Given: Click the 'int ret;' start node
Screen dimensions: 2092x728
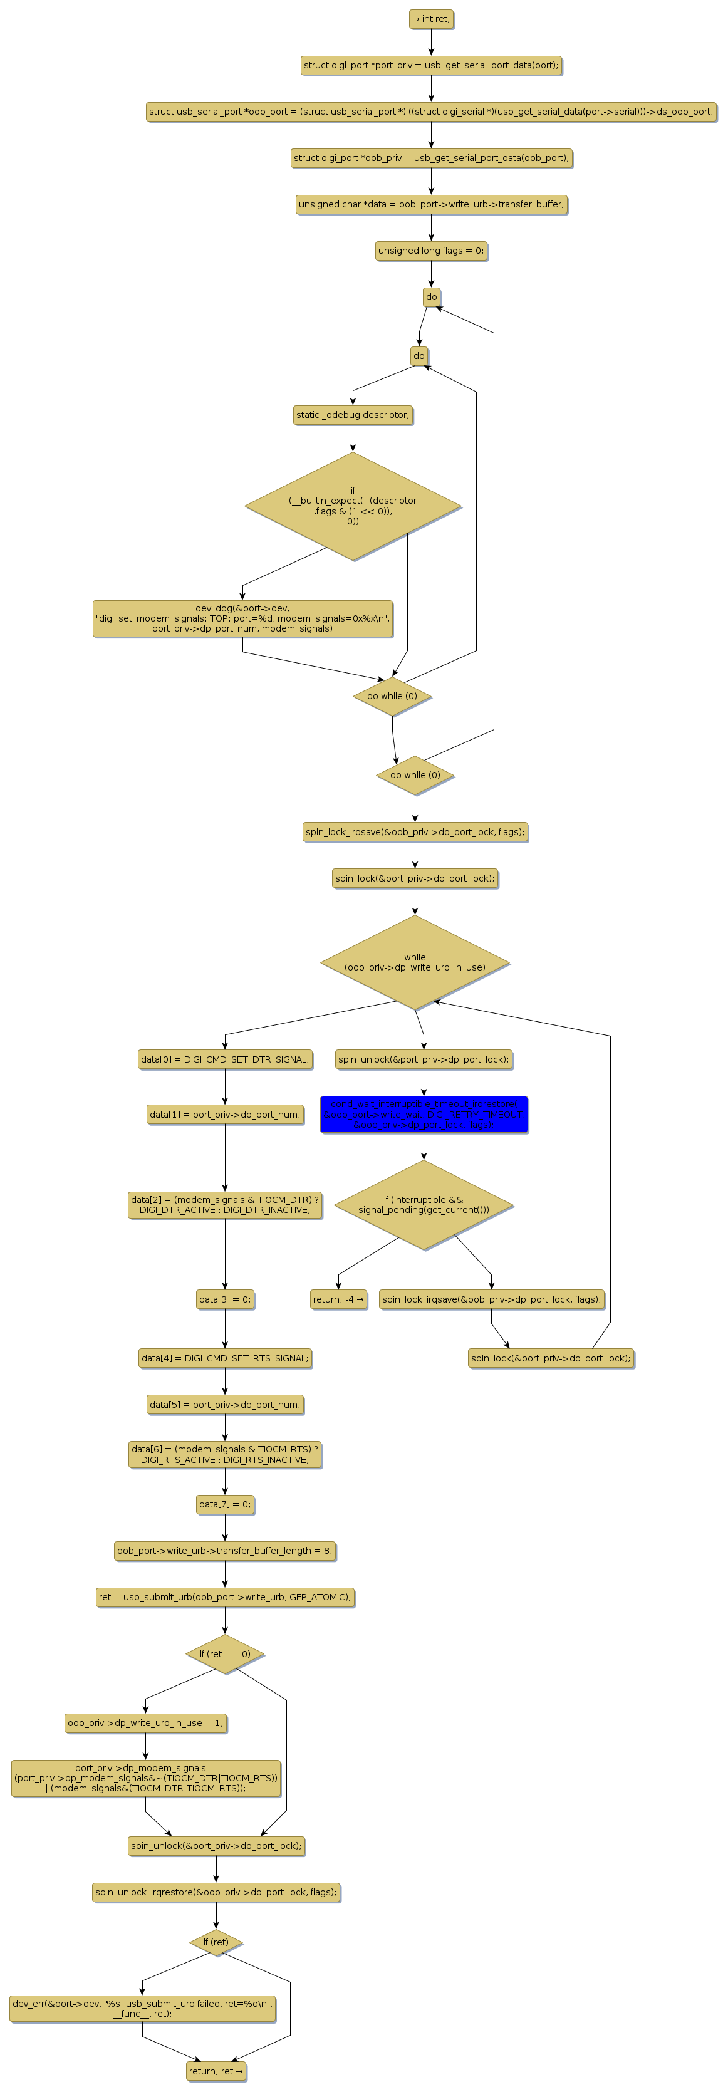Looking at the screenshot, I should tap(430, 19).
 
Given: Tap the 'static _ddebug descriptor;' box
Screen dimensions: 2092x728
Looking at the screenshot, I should tap(353, 415).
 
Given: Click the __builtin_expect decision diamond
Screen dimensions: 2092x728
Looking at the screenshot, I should tap(353, 506).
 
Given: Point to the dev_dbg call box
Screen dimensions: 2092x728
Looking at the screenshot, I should tap(242, 619).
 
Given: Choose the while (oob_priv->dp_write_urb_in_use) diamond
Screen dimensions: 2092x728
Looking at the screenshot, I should tap(414, 962).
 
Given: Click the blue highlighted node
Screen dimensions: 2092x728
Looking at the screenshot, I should tap(424, 1114).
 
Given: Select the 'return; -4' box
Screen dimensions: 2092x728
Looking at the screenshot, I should tap(338, 1299).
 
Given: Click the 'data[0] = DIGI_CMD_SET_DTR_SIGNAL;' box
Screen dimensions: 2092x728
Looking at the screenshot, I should tap(225, 1059).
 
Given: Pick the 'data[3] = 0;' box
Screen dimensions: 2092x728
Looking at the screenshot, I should tap(225, 1299).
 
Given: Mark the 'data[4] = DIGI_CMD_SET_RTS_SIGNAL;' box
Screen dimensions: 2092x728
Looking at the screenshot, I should tap(225, 1358).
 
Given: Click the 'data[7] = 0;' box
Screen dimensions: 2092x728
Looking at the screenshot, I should tap(225, 1504).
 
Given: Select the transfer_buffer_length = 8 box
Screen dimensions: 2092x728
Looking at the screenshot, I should tap(225, 1550).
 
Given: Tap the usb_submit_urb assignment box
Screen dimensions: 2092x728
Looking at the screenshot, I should tap(225, 1596).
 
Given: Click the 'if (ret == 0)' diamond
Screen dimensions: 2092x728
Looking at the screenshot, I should tap(225, 1654).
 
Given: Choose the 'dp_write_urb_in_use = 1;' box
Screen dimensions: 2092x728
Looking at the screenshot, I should tap(145, 1722).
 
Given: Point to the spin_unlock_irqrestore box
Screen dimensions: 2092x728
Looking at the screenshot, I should tap(216, 1892).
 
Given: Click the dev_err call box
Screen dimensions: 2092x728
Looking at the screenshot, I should tap(142, 2007).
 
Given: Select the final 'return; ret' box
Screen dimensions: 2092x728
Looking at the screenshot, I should tap(216, 2071).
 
